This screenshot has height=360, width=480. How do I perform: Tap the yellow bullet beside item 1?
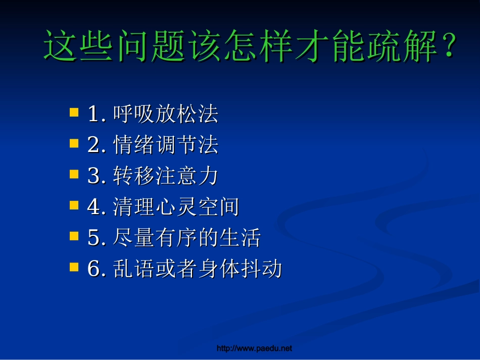pos(74,112)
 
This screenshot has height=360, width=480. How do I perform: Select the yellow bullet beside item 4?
pos(74,205)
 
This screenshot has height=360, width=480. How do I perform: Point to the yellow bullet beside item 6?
pos(74,267)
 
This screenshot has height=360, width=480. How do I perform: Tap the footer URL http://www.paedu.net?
pos(254,348)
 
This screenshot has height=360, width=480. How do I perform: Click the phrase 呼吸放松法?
pos(166,114)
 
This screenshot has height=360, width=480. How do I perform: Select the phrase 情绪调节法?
pos(166,145)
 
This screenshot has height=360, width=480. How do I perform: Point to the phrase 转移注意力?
pos(166,176)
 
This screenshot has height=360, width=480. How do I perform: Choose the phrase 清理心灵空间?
pos(176,207)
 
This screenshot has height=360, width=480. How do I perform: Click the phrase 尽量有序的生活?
pos(187,238)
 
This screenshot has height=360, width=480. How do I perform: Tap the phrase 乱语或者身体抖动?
pos(198,269)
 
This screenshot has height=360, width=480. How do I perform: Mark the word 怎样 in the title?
pos(258,46)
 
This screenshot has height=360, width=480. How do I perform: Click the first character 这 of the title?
pos(60,46)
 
